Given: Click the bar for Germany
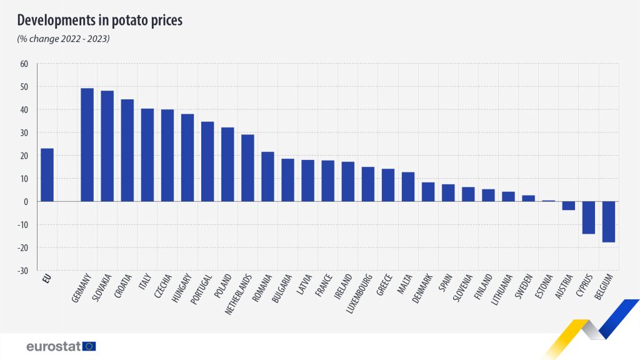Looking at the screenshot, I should [87, 145].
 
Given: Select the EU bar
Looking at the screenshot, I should [47, 175].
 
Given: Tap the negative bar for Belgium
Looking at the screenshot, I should [608, 221].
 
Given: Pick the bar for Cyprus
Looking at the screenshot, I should [588, 217].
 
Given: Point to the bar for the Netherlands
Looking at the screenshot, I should [247, 167].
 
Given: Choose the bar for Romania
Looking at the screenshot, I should [267, 176].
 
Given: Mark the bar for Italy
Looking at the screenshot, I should [147, 155].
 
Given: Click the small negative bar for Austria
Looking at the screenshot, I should [568, 206].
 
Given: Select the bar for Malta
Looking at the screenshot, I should [408, 187].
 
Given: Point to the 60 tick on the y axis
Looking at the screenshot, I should [24, 64].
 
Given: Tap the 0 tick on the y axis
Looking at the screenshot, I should [27, 202].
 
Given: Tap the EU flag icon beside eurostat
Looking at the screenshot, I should [89, 346].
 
